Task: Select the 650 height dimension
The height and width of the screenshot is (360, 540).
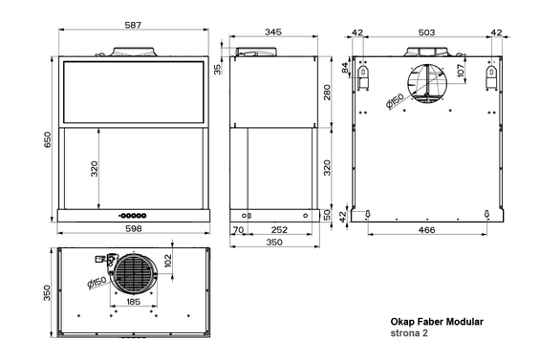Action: coord(45,138)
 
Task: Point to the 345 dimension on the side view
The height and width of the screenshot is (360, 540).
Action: coord(272,32)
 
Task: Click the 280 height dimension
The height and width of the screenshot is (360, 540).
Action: coord(326,93)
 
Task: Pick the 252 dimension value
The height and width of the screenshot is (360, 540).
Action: coord(279,230)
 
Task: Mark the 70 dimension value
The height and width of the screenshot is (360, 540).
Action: coord(237,230)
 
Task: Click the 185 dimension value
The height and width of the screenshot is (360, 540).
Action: coord(134,303)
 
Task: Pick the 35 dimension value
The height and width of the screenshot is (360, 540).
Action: coord(218,69)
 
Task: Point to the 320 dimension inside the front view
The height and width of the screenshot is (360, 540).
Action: coord(96,169)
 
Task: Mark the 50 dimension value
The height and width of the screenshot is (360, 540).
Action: coord(326,216)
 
